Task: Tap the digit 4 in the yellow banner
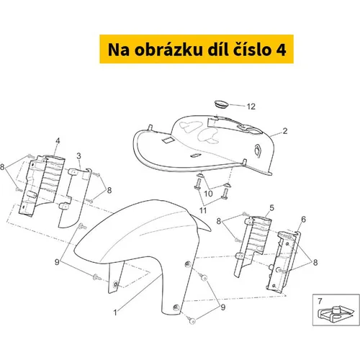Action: [281, 50]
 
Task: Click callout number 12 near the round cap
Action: [251, 107]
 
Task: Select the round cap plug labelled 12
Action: [221, 104]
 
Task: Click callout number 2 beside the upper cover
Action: [285, 131]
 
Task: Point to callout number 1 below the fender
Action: [115, 312]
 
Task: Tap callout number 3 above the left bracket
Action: [78, 156]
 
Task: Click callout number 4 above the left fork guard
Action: [58, 141]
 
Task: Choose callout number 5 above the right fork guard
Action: [271, 208]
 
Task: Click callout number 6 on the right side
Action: [304, 219]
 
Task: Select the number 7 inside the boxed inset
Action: [320, 301]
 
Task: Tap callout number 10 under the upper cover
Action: [208, 194]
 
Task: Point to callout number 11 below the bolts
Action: [203, 210]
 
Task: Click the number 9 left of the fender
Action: [57, 262]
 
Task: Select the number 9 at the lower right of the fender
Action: [223, 307]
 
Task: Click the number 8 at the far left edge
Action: [2, 167]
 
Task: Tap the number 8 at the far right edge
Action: [315, 263]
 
